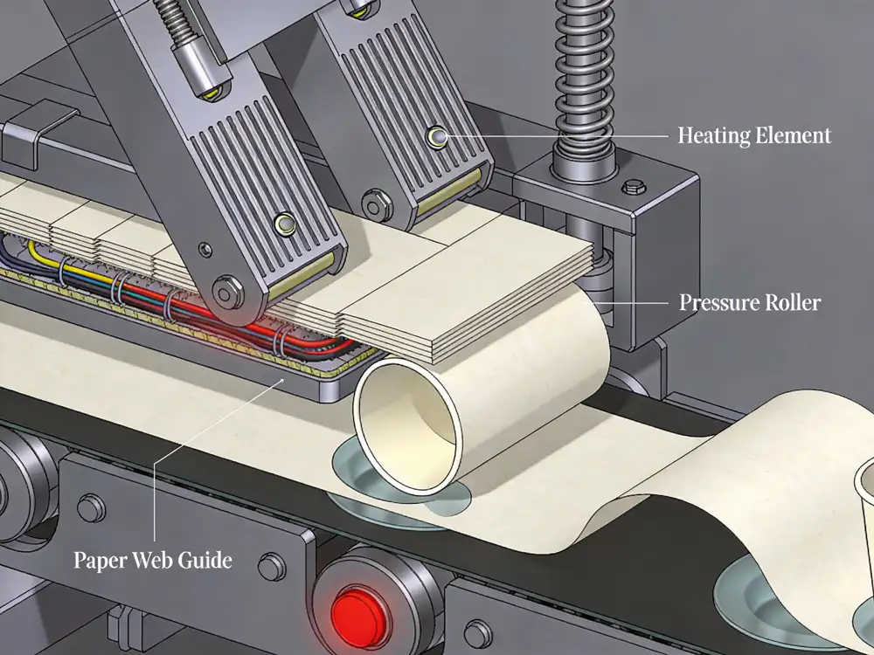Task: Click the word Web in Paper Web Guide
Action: coord(151,560)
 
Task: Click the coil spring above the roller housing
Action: coord(584,74)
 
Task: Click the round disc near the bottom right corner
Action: coord(769,603)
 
